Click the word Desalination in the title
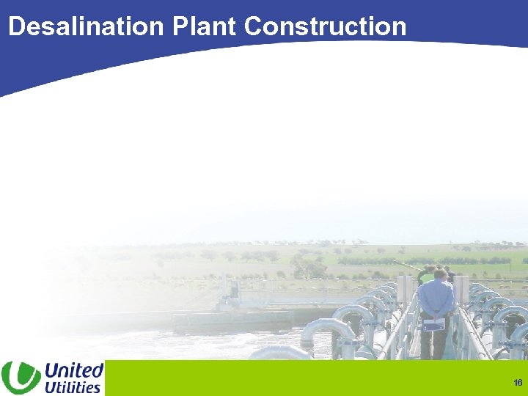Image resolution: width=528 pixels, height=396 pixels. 87,26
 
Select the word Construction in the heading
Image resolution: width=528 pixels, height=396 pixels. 325,26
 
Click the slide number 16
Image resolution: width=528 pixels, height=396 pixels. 517,383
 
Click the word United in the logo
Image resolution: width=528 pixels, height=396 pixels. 74,370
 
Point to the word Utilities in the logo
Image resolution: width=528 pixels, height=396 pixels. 73,386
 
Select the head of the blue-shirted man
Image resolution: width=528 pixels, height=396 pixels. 440,275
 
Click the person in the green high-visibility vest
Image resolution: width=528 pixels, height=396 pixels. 426,277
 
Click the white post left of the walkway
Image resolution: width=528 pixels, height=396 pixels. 403,290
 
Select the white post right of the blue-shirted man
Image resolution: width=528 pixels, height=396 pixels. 461,290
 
